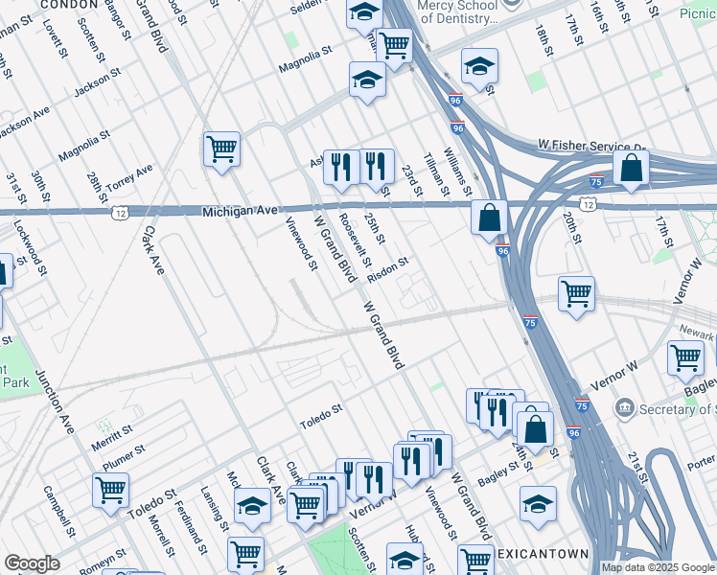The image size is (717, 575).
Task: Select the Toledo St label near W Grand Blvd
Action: point(320,415)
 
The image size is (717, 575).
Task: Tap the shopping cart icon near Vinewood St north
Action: point(221,149)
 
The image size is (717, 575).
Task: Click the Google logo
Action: point(33,563)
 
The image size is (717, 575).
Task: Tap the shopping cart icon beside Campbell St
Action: point(111,490)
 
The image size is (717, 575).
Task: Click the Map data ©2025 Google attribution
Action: point(657,567)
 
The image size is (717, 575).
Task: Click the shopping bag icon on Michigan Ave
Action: point(489,218)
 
